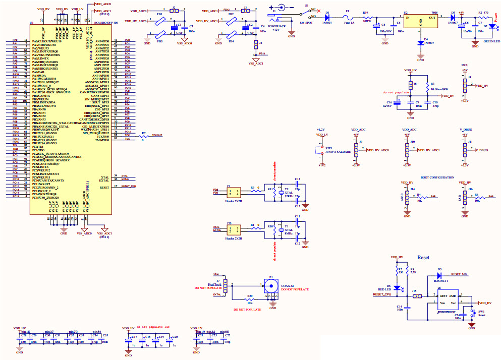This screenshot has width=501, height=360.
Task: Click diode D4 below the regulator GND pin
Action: [420, 43]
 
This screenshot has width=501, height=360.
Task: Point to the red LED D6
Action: [397, 288]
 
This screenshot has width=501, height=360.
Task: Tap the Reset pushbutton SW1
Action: [474, 311]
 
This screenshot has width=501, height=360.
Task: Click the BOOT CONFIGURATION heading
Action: [437, 177]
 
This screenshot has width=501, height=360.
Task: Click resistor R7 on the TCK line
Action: [144, 136]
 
